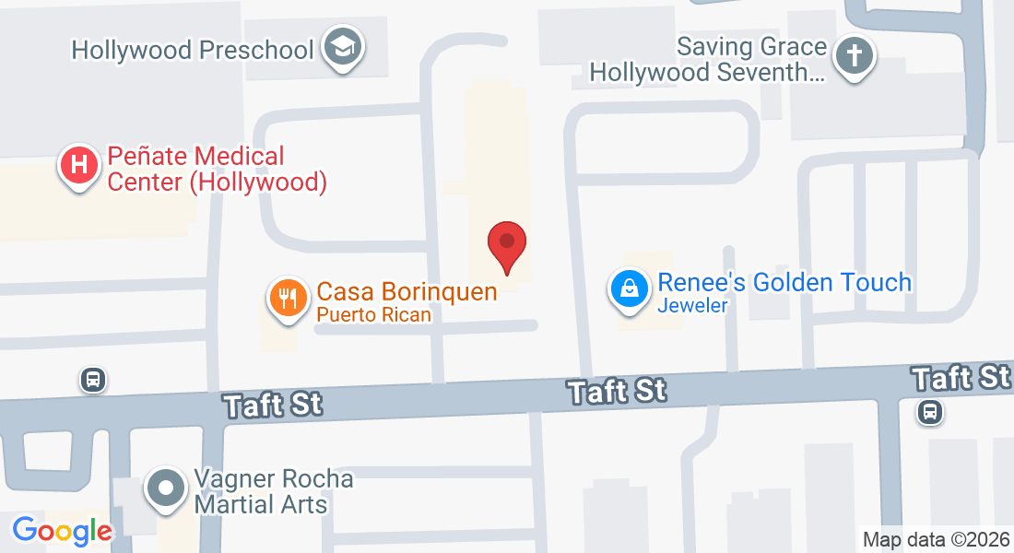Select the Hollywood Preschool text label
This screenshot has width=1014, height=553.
(193, 49)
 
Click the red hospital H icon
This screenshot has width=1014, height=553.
(80, 166)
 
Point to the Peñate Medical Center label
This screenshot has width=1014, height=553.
(217, 170)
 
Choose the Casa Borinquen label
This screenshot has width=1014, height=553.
(407, 292)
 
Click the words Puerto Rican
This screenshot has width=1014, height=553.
(373, 314)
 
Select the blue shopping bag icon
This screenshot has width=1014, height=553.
(629, 288)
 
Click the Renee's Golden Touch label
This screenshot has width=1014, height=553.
(784, 282)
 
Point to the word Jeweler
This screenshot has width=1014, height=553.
(692, 306)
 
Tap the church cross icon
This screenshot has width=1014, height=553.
(855, 57)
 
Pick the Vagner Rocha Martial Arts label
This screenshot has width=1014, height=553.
(273, 492)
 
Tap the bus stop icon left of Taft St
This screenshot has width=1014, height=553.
(92, 379)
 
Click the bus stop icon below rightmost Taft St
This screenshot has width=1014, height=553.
(930, 411)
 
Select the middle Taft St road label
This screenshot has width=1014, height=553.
(617, 390)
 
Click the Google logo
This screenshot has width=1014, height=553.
(62, 530)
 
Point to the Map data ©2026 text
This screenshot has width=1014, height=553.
(935, 539)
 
